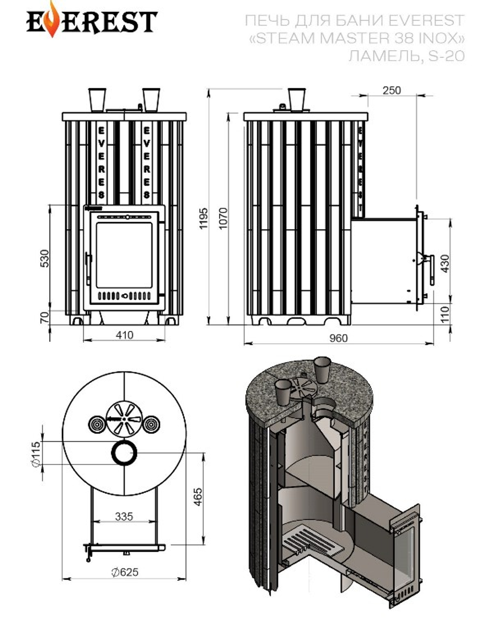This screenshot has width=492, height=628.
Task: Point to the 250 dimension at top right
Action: click(391, 91)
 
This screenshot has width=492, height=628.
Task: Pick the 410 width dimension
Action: click(124, 335)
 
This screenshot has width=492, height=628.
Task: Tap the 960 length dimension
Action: click(338, 338)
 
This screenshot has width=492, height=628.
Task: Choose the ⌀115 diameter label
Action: click(35, 454)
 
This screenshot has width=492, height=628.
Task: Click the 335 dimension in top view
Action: click(124, 516)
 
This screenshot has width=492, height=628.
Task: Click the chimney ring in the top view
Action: click(124, 452)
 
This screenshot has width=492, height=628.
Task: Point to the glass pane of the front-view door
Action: click(124, 254)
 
